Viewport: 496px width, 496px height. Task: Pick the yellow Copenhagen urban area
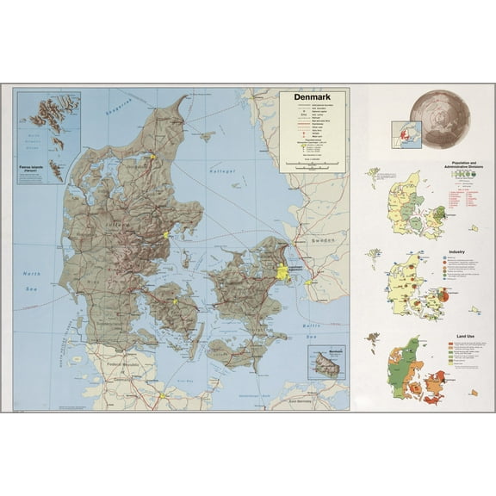[x=282, y=271]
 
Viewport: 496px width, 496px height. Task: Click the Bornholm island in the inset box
[x=326, y=365]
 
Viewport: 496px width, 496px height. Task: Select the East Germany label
[x=302, y=401]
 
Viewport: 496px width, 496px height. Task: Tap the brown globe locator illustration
[x=439, y=117]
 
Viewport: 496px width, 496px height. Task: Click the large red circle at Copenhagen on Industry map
[x=440, y=295]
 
